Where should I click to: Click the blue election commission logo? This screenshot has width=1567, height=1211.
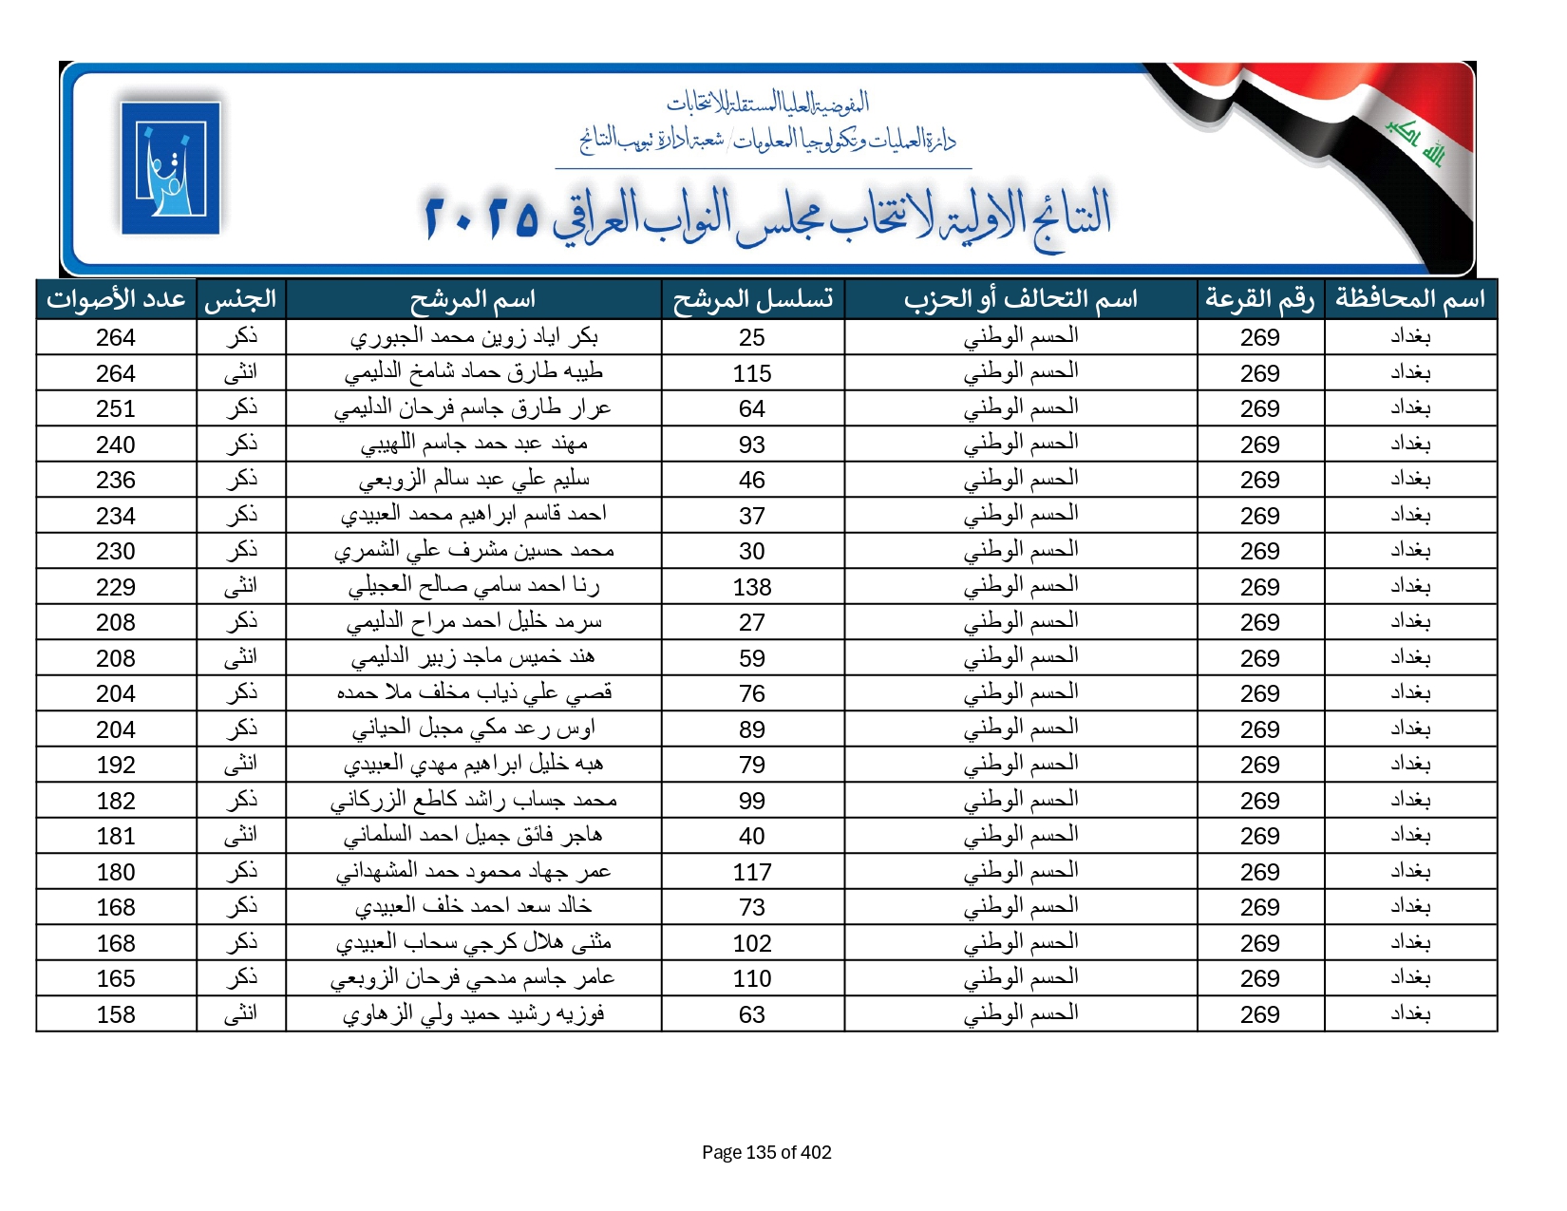[x=170, y=167]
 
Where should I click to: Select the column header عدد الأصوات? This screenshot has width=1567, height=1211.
[x=116, y=299]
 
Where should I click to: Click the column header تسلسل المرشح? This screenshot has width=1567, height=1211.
[x=752, y=299]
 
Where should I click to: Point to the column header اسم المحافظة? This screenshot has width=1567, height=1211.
[x=1409, y=299]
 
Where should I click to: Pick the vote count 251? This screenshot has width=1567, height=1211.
[x=116, y=408]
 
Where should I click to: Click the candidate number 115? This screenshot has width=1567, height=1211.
[x=752, y=373]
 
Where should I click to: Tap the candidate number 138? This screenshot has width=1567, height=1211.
[x=752, y=587]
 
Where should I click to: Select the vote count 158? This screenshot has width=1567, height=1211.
[x=116, y=1014]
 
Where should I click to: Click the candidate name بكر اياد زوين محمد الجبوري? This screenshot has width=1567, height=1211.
[x=474, y=337]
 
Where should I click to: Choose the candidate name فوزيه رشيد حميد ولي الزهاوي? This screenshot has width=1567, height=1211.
[x=474, y=1014]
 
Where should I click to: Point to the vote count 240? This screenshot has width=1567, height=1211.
[x=116, y=445]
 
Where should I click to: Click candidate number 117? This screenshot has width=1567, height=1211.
[x=752, y=872]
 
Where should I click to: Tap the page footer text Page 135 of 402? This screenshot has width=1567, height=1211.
[x=766, y=1152]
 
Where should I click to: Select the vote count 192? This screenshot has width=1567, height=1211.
[x=116, y=765]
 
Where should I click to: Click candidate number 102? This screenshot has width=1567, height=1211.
[x=752, y=943]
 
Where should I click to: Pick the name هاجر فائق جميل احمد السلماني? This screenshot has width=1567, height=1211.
[x=474, y=836]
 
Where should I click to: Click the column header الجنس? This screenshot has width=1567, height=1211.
[x=240, y=299]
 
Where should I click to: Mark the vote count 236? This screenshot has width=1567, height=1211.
[x=116, y=480]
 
